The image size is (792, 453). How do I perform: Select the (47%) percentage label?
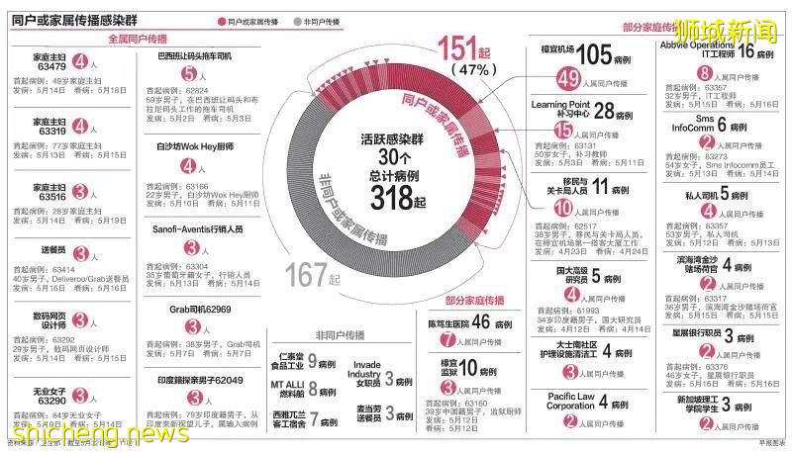pyautogui.click(x=474, y=72)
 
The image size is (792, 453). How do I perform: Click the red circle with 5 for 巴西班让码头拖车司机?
pyautogui.click(x=189, y=73)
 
